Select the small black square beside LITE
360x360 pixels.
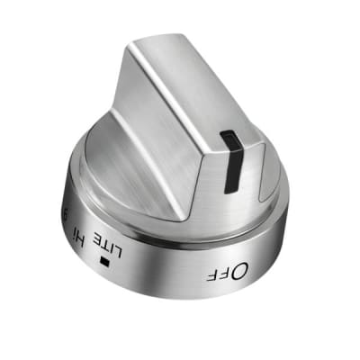coord(107,262)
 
